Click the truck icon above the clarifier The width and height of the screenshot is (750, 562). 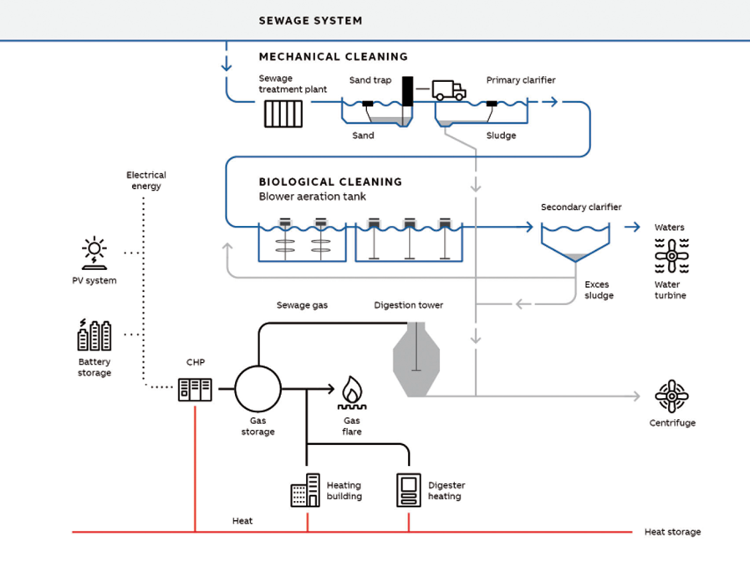[449, 90]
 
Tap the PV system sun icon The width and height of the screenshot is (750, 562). [94, 253]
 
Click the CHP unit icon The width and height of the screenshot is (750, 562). [195, 389]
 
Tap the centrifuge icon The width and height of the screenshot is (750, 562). [671, 396]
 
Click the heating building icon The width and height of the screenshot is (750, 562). [305, 490]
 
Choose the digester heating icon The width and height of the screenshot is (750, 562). [409, 490]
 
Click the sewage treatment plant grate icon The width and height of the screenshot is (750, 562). [283, 114]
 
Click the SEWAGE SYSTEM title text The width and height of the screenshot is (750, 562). [310, 21]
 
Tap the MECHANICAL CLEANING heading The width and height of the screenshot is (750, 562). [333, 57]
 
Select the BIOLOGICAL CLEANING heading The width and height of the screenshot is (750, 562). [330, 181]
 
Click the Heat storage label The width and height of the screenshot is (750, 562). [672, 532]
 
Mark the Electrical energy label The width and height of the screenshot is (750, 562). [146, 181]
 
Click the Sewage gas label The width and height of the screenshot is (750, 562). [302, 305]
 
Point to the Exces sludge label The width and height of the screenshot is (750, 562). [599, 290]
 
